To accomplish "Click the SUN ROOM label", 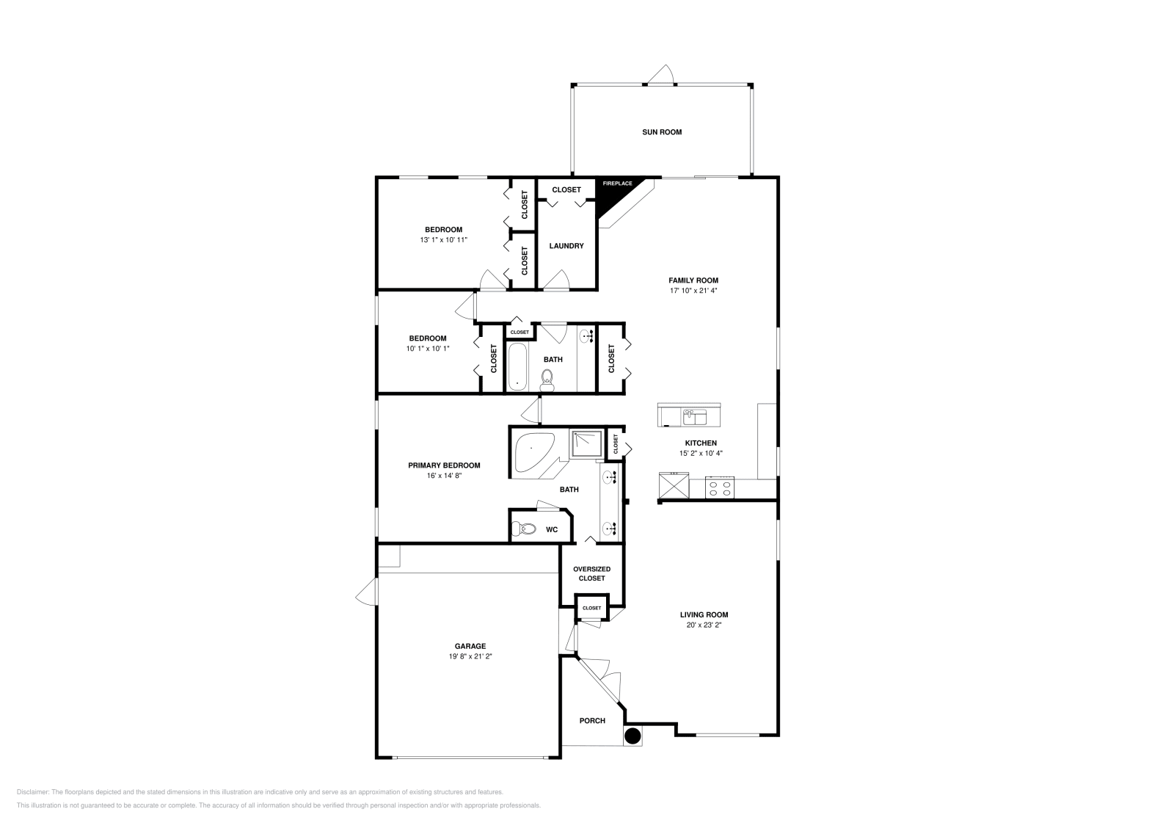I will click(662, 132).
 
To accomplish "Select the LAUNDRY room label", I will click(566, 246).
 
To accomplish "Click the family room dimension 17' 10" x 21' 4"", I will click(693, 291).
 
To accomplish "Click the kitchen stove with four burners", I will click(720, 487).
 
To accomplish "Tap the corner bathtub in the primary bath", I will click(533, 451).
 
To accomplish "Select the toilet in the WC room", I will click(525, 529).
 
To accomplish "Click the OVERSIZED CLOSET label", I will click(591, 573).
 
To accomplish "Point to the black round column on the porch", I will click(632, 735).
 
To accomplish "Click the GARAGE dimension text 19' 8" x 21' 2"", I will click(470, 657).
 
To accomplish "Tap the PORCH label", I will click(592, 721).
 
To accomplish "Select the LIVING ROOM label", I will click(704, 615).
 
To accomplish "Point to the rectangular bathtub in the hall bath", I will click(517, 368).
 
